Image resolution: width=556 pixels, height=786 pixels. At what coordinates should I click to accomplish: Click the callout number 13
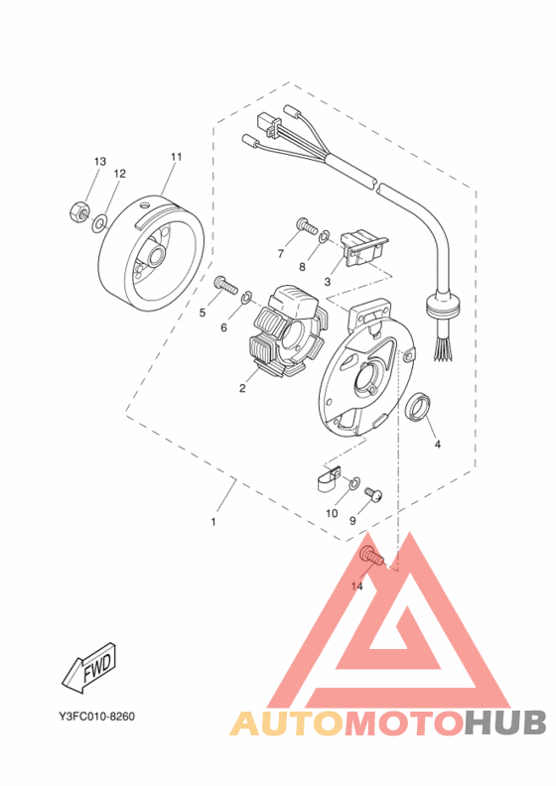pos(100,161)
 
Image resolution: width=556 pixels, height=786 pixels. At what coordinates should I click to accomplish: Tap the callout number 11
pos(177,157)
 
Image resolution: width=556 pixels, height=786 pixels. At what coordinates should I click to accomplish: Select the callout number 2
pos(241,388)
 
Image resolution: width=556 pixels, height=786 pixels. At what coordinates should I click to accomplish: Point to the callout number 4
pos(437,444)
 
